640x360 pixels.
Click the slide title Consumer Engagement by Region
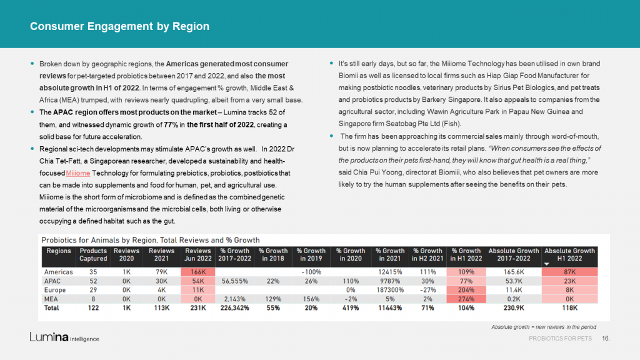[119, 26]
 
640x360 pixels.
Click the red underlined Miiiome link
[78, 173]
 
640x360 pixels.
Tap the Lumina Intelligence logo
[64, 337]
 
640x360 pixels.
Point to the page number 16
[606, 338]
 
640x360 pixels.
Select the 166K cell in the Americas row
[198, 272]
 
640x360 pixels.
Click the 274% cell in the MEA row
[466, 299]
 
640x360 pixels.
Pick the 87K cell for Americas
[569, 272]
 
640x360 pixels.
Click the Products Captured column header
[93, 255]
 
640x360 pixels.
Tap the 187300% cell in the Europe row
[390, 290]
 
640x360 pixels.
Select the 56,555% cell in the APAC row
[235, 281]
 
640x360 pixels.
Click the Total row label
[51, 307]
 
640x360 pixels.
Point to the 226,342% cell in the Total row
[235, 307]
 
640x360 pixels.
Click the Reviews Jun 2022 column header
[198, 255]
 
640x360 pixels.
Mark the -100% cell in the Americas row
[311, 272]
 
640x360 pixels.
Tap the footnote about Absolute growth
[544, 327]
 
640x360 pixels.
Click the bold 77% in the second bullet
[171, 124]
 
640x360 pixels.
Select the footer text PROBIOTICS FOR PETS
[560, 338]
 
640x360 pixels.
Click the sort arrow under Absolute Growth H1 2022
[546, 264]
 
